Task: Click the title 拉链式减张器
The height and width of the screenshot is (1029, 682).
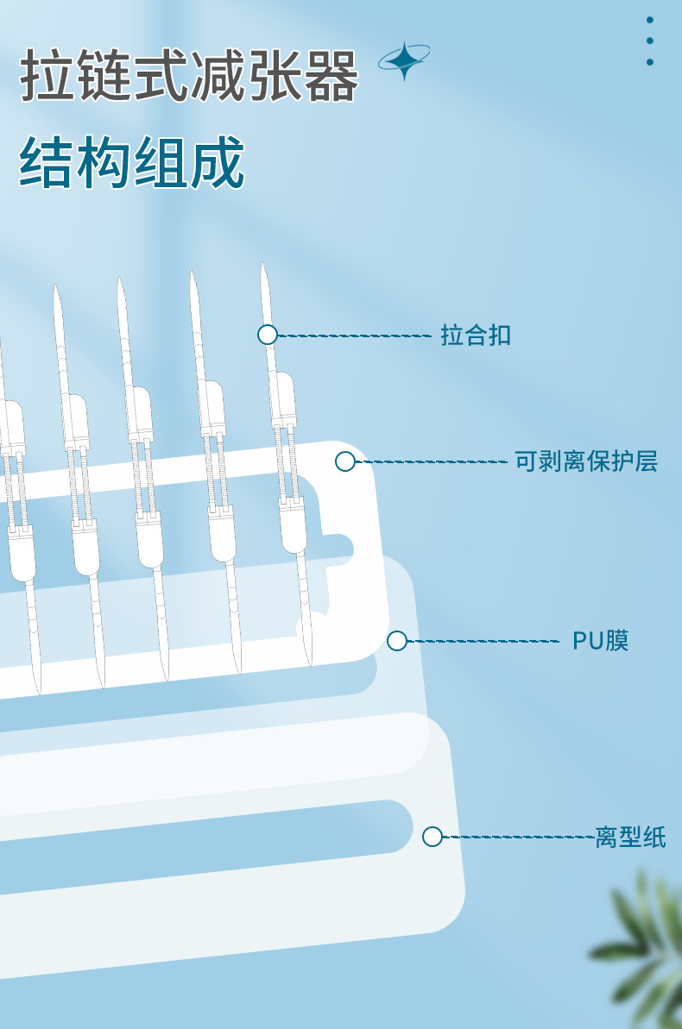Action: pyautogui.click(x=189, y=76)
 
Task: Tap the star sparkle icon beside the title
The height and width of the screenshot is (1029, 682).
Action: pyautogui.click(x=404, y=60)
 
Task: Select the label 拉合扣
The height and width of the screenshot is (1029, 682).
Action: pyautogui.click(x=476, y=335)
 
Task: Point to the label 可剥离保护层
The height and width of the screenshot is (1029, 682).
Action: pyautogui.click(x=586, y=461)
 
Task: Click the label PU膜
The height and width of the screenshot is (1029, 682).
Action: pyautogui.click(x=601, y=641)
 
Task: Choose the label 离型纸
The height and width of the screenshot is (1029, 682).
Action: pyautogui.click(x=630, y=837)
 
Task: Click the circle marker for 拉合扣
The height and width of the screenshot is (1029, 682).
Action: pyautogui.click(x=268, y=335)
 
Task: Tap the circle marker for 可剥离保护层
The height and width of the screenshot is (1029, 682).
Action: pyautogui.click(x=345, y=461)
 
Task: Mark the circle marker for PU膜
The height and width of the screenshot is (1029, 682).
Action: pyautogui.click(x=397, y=641)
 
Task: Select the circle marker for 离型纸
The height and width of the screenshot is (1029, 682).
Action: pyautogui.click(x=433, y=837)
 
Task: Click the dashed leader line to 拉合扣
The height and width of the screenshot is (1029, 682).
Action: pyautogui.click(x=354, y=335)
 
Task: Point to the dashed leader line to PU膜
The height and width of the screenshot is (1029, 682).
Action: pyautogui.click(x=483, y=641)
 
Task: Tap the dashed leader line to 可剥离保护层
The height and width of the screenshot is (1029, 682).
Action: pyautogui.click(x=432, y=461)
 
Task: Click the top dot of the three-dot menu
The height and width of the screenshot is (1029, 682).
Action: pyautogui.click(x=650, y=20)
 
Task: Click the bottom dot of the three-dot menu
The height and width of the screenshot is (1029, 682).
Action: pyautogui.click(x=650, y=62)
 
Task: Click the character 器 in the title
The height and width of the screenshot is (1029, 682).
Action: pyautogui.click(x=332, y=76)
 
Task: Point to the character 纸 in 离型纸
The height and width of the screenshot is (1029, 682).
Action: pyautogui.click(x=654, y=837)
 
